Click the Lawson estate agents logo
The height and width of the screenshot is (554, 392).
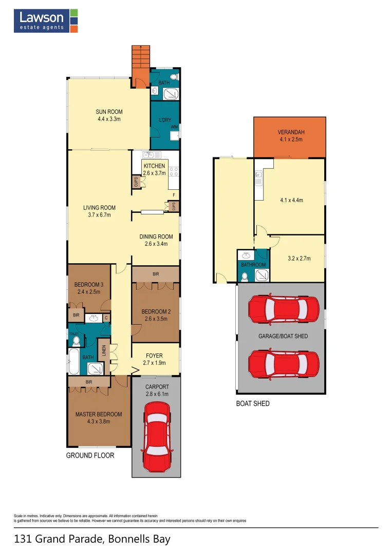coord(46,21)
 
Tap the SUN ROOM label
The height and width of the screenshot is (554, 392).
coord(109,112)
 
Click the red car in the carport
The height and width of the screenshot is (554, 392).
coord(156,437)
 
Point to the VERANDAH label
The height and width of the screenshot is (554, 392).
coord(290,132)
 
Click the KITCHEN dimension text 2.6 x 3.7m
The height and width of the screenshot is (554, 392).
coord(154,173)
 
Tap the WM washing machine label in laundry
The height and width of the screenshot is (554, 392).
coord(174,127)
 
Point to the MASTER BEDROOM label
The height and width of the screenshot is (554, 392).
coord(99,414)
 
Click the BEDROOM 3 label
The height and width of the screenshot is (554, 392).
coord(88,285)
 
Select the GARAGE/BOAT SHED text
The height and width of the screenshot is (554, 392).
coord(283,336)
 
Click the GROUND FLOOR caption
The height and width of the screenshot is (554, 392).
coord(90,455)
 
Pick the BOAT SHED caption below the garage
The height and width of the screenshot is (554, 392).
coord(252,404)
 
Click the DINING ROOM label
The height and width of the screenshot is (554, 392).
coord(156,236)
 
